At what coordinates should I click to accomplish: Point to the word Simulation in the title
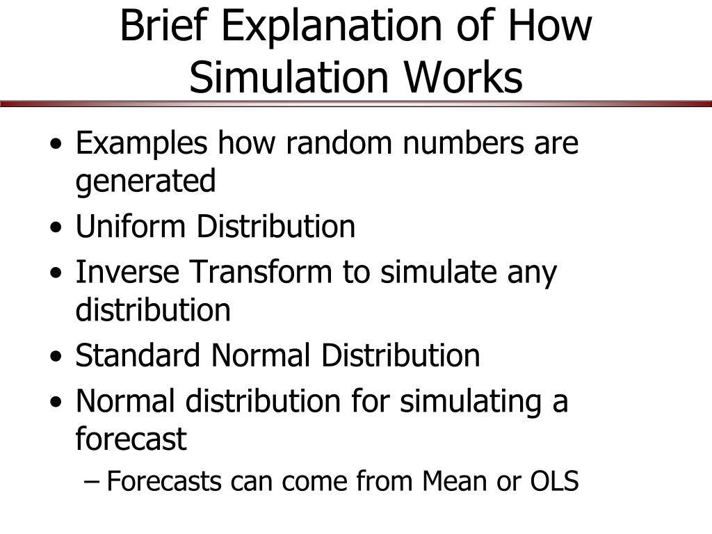click(289, 76)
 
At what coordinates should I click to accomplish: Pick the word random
click(339, 143)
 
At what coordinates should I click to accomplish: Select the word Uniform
click(130, 226)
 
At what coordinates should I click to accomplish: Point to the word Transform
click(261, 272)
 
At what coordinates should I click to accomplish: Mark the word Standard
click(138, 355)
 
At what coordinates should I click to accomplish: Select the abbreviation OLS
click(554, 481)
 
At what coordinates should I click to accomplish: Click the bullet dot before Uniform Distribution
click(56, 227)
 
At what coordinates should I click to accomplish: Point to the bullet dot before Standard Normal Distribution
click(56, 356)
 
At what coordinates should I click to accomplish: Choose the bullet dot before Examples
click(56, 145)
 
